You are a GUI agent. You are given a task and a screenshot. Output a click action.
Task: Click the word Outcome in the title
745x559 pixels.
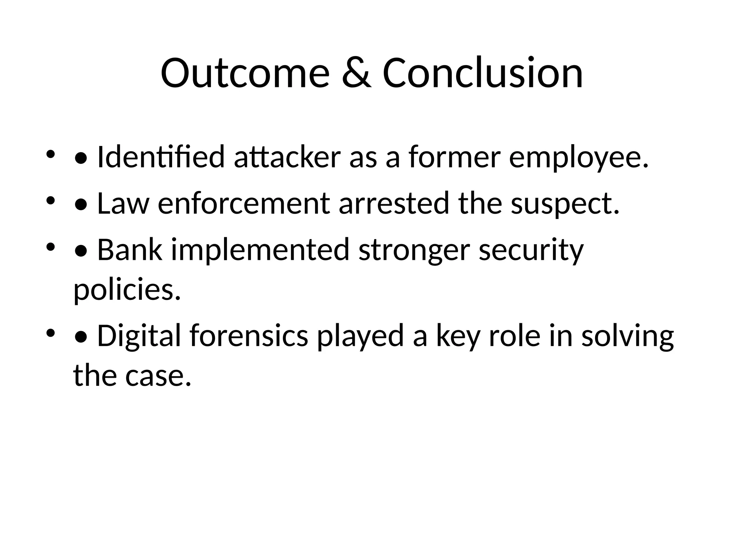click(245, 74)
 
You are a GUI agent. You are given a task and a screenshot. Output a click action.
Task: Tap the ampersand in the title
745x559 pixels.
click(356, 74)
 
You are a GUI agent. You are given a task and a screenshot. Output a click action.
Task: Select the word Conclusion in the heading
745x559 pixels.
click(483, 74)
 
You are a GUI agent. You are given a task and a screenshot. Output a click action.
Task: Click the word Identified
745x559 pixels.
click(161, 157)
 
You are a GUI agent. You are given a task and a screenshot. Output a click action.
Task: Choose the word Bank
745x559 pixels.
click(130, 250)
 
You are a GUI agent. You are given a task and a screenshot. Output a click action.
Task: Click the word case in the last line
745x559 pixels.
click(158, 376)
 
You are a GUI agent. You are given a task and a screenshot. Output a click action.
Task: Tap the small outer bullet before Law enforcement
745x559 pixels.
click(50, 200)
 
